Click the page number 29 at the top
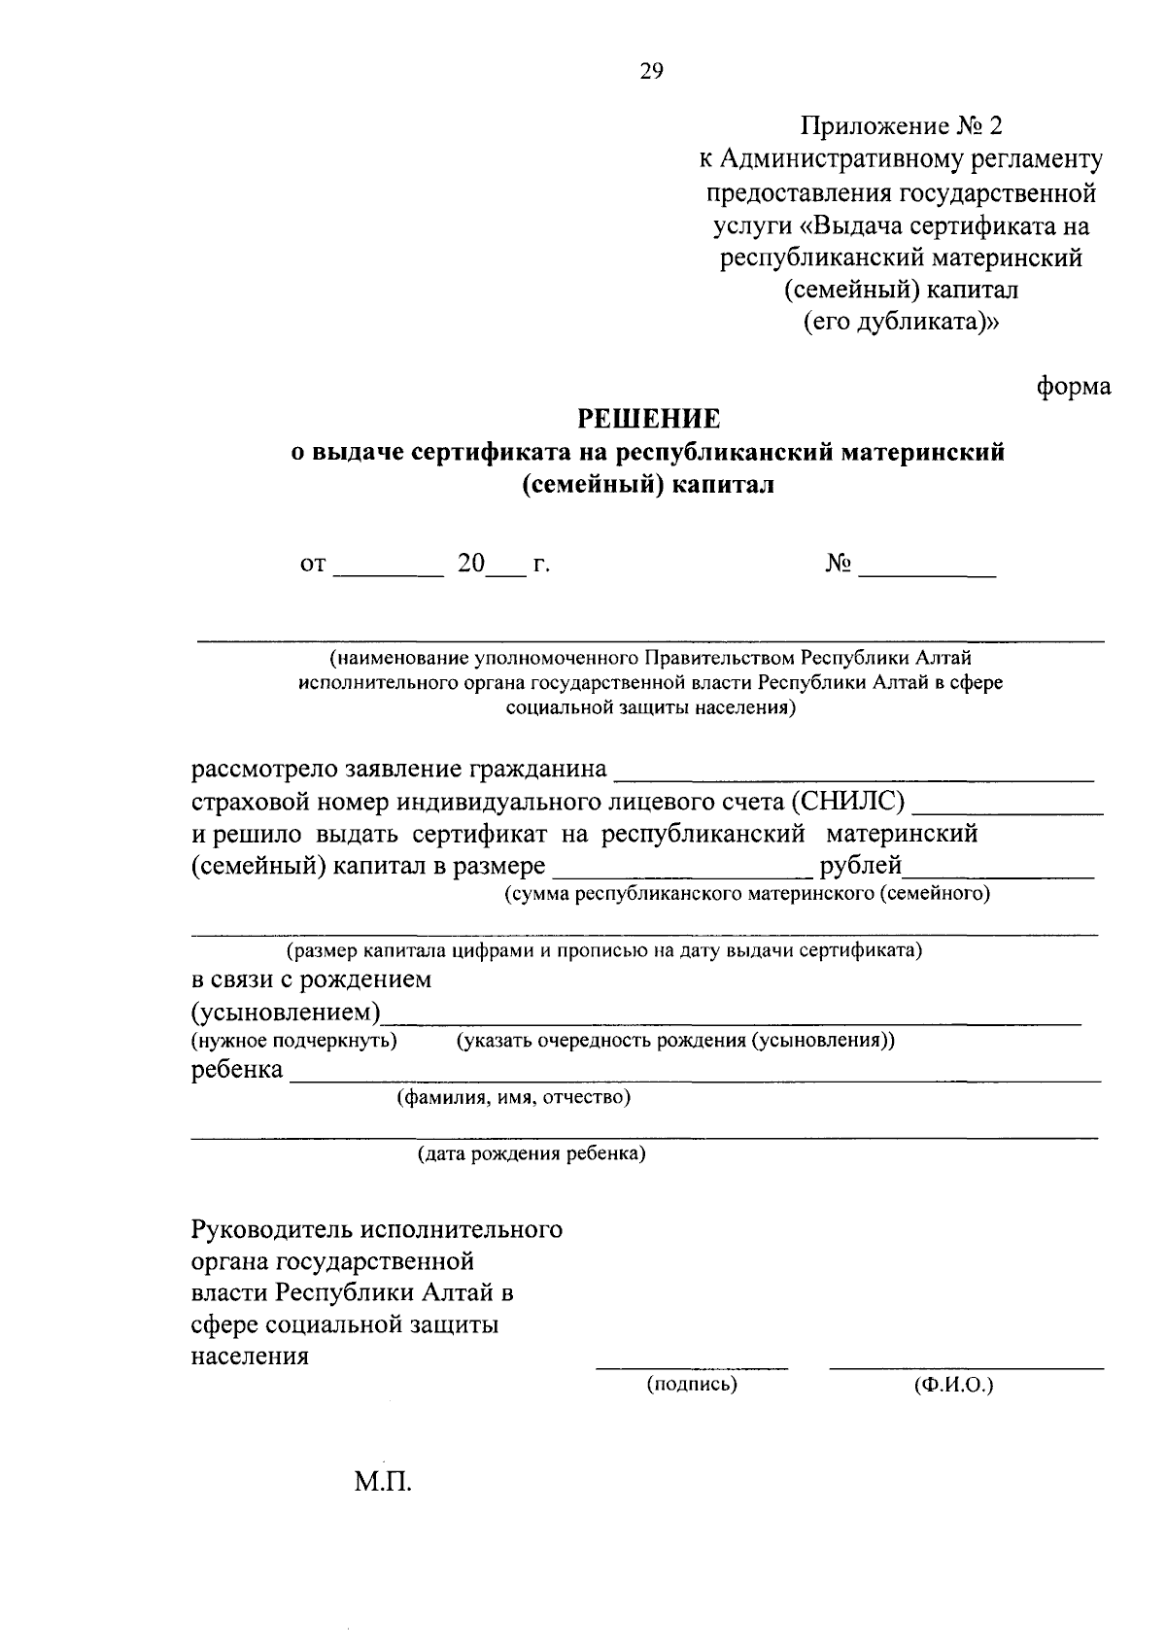click(x=651, y=70)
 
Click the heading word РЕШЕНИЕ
click(x=649, y=419)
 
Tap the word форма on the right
click(x=1073, y=387)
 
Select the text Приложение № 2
click(x=901, y=126)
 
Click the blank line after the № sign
click(x=927, y=575)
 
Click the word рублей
click(x=862, y=865)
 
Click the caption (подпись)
click(x=692, y=1384)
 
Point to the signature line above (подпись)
click(x=692, y=1366)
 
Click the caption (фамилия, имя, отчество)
click(x=513, y=1098)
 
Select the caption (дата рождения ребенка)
click(x=532, y=1154)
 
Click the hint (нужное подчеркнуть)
click(x=294, y=1041)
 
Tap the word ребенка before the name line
click(x=237, y=1070)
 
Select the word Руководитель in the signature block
click(x=272, y=1230)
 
